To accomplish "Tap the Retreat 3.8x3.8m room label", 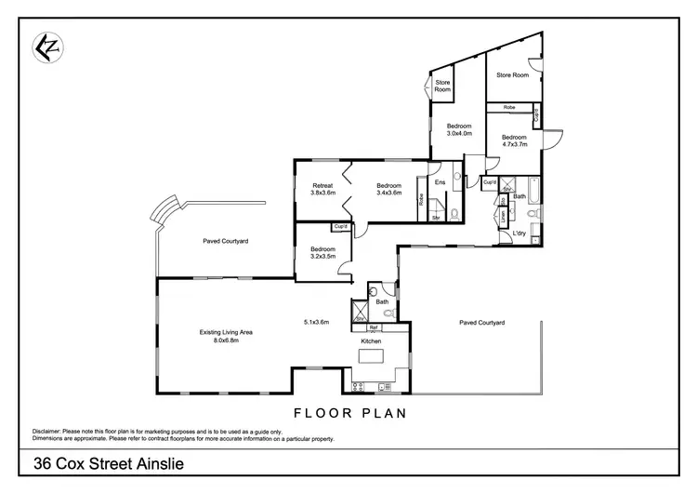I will click(x=322, y=189).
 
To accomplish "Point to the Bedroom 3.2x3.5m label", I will click(x=322, y=253).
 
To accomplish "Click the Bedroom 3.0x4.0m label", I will click(x=459, y=129).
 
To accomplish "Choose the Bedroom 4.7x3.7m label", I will click(x=514, y=140).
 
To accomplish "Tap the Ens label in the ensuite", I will click(x=441, y=182).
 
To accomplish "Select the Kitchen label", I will click(x=372, y=341).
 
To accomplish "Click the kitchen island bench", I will click(x=371, y=357).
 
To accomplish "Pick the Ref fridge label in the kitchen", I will click(x=373, y=327).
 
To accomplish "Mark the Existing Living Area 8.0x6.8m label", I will click(x=219, y=336).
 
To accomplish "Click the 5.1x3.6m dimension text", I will click(x=317, y=322).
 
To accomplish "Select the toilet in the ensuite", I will click(x=454, y=215).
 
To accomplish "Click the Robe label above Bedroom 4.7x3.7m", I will click(x=509, y=108).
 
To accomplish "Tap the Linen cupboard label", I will click(x=503, y=215).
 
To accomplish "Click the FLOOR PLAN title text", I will click(x=348, y=412).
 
